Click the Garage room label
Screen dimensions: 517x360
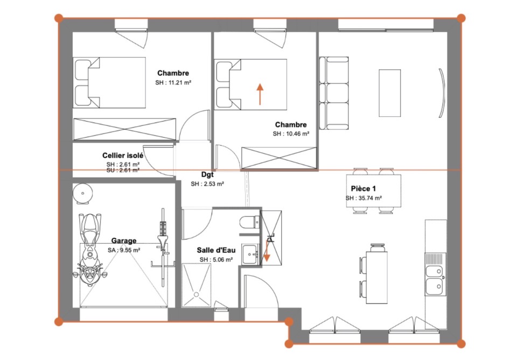[x=124, y=241]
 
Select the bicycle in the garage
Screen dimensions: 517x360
[x=162, y=247]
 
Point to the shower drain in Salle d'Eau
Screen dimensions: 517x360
[x=197, y=294]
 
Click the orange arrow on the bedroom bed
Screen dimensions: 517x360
[x=260, y=94]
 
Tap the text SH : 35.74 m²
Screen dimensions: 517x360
[x=364, y=198]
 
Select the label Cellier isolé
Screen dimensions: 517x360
[x=123, y=156]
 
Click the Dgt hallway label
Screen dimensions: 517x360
[x=207, y=174]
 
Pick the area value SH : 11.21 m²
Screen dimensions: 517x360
[x=173, y=83]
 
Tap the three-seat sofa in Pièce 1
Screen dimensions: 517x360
[x=334, y=93]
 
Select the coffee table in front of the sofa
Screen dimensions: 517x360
[x=390, y=93]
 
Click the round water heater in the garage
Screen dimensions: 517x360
[x=83, y=193]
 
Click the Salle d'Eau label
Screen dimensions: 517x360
[x=216, y=250]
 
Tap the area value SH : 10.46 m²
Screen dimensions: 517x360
[x=291, y=134]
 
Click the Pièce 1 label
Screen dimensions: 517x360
[x=364, y=189]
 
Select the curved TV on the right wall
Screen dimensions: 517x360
[x=442, y=93]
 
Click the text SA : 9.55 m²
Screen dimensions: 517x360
[x=124, y=250]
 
